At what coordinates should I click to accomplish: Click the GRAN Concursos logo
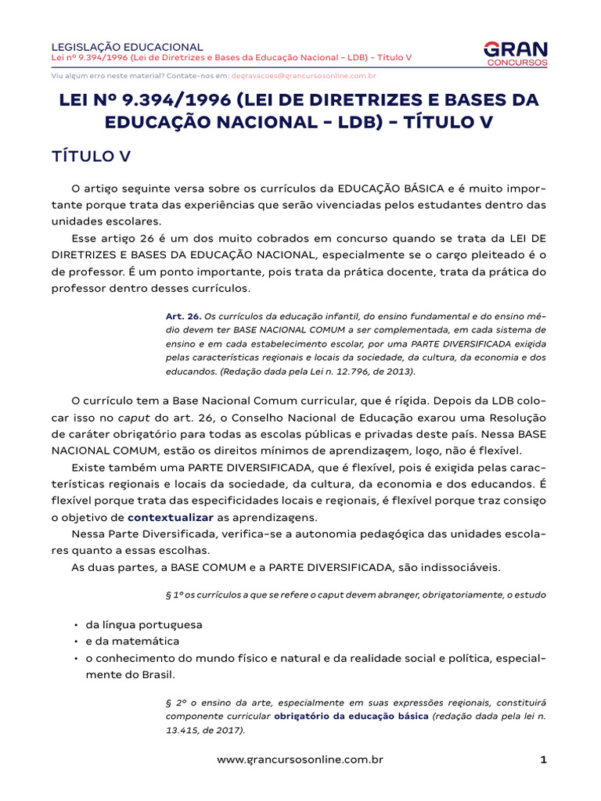coord(516,53)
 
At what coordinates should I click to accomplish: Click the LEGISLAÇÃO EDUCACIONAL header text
coord(127,47)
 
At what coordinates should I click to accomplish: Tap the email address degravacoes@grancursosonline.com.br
coord(304,77)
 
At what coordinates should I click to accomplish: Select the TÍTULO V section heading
coord(91,156)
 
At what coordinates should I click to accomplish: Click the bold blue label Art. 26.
coord(183,316)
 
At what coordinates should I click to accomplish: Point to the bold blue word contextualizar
coord(171,518)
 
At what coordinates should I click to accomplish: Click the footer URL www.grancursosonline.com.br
coord(300,760)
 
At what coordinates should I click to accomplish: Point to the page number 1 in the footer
coord(542,760)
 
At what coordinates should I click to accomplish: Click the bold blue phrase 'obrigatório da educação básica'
coord(351,717)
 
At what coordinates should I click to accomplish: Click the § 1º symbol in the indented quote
coord(174,595)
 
